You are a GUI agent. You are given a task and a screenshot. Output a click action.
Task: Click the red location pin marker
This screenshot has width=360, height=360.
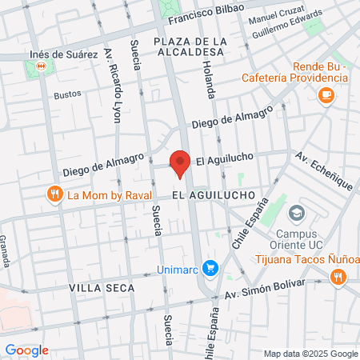point(181,162)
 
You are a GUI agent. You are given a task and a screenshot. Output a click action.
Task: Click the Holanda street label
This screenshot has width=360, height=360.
point(206,79)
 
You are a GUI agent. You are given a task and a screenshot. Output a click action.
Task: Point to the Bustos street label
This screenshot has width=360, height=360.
point(67,94)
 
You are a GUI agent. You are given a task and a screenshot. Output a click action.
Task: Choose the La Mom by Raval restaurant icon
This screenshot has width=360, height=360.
point(55,194)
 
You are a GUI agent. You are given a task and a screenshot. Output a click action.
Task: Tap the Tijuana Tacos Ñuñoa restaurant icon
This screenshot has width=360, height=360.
point(338,277)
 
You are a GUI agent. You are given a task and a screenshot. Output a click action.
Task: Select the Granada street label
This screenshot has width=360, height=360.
point(5,250)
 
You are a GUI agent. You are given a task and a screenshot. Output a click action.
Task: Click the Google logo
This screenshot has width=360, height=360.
point(27,350)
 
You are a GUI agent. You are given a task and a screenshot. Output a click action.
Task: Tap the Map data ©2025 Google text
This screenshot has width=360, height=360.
point(310,354)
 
